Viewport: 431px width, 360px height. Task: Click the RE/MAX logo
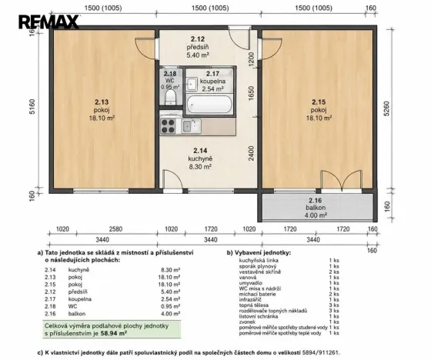click(48, 22)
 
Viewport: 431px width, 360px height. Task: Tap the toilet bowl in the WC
click(170, 98)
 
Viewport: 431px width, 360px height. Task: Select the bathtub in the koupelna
click(209, 105)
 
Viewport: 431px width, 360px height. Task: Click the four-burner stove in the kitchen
click(168, 126)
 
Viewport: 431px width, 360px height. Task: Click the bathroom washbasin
click(192, 84)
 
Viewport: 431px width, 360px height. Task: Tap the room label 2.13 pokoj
click(102, 110)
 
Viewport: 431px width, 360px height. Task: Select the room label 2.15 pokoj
click(319, 110)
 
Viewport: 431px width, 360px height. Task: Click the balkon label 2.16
click(316, 208)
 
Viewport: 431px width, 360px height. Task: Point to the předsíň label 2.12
click(198, 47)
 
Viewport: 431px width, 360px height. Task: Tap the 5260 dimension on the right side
click(386, 108)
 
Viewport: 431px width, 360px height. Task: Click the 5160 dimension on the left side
click(32, 107)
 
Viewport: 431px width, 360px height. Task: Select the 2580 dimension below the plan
click(115, 229)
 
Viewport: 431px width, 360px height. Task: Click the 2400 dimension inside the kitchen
click(251, 153)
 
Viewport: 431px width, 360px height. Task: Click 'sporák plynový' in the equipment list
click(258, 266)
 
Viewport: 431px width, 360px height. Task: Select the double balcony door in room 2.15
click(342, 181)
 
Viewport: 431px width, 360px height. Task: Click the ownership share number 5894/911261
click(321, 352)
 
